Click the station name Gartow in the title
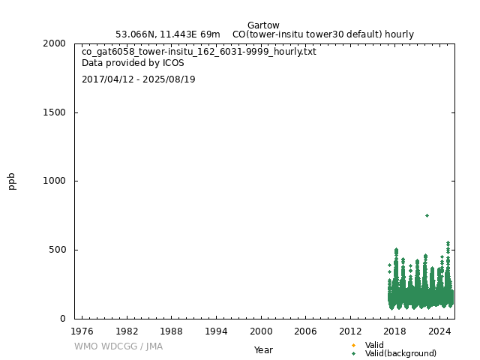pos(263,25)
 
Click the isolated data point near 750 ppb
pos(427,215)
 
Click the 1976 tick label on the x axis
pos(82,331)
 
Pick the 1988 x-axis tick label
pos(171,331)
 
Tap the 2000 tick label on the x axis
pos(261,331)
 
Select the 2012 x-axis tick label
pos(350,331)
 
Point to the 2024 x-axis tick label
pos(440,331)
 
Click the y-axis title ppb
pos(12,181)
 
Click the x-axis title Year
pos(263,350)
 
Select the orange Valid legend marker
pos(353,345)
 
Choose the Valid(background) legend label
pos(400,353)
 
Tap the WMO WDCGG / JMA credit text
pos(118,346)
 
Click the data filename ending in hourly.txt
pos(199,52)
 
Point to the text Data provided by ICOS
pos(133,64)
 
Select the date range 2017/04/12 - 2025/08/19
pos(139,79)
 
